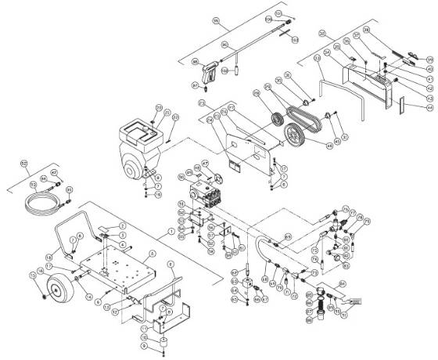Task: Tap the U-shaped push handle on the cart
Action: pos(74,231)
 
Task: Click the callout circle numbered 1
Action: pos(170,232)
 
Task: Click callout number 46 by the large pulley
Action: pos(329,145)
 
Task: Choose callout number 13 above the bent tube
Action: pos(317,58)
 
